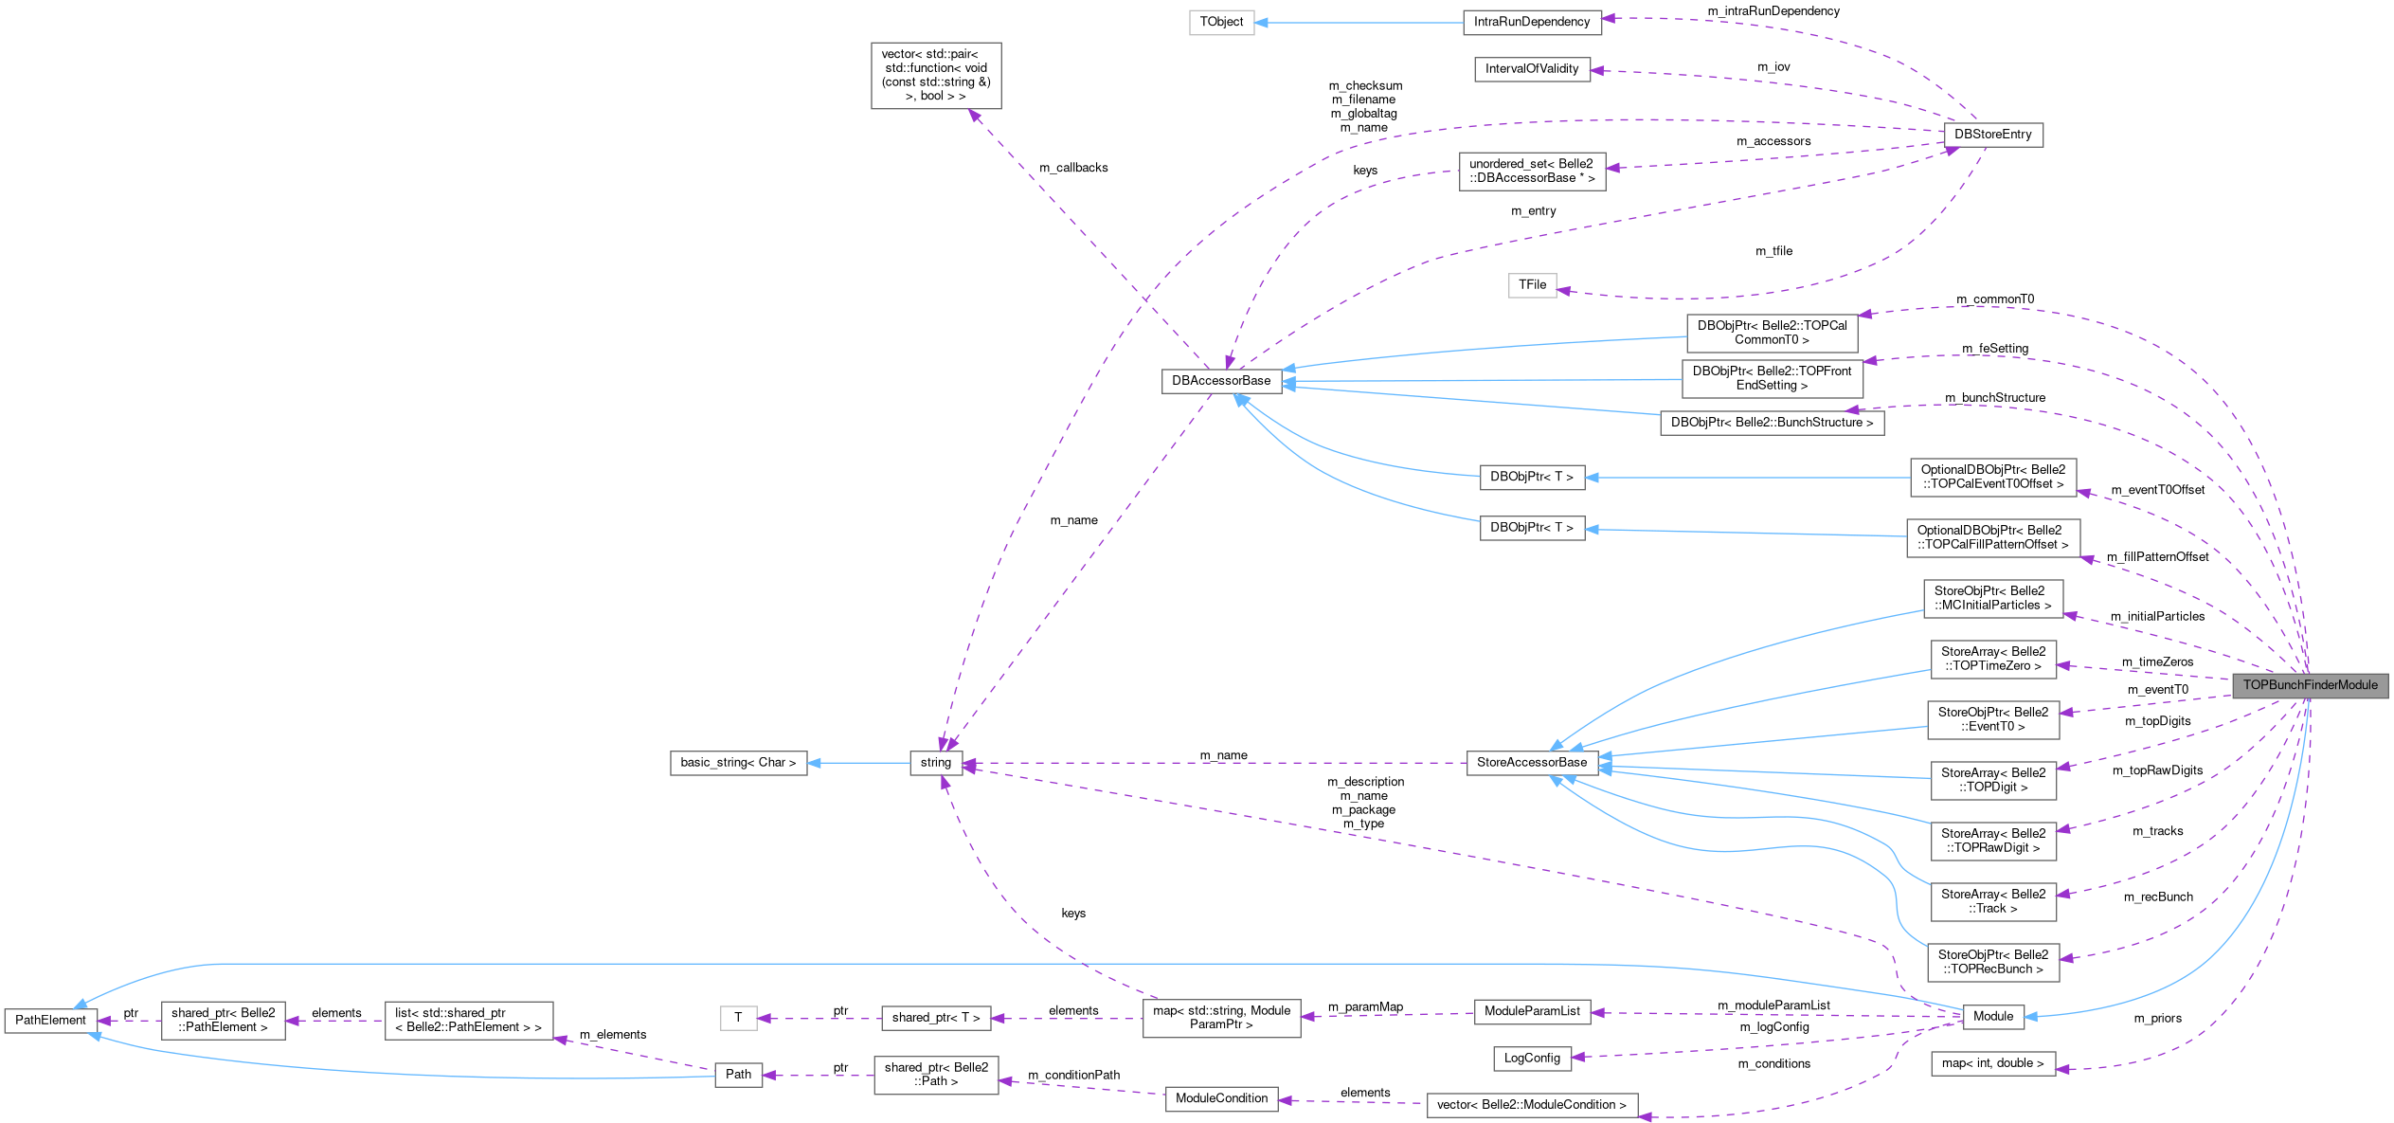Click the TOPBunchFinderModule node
2309,685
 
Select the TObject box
1221,22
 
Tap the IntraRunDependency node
1531,22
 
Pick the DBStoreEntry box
1992,135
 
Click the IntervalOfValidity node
1531,69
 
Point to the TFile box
1531,284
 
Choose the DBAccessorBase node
1220,381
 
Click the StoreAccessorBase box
1531,763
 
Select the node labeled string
935,763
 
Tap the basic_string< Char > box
738,763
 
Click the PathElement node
50,1021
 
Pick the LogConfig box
1531,1059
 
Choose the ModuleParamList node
1531,1011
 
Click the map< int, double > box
1992,1063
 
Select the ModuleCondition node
1220,1098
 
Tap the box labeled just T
738,1018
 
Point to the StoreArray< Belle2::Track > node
1992,901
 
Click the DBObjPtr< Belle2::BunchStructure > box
1771,423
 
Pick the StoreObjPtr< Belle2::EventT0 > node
1992,719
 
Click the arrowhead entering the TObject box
1262,22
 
